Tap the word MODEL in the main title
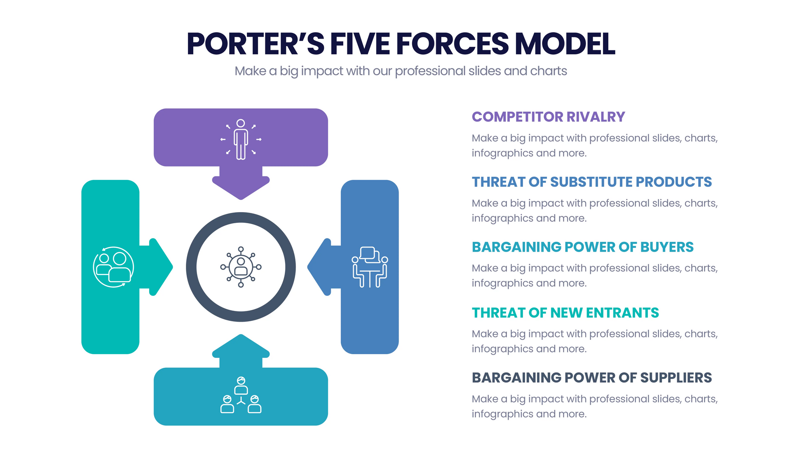point(565,44)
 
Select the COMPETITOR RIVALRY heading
point(548,117)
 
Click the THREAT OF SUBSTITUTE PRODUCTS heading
point(591,182)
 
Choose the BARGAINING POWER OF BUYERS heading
point(582,247)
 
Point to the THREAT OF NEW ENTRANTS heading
point(565,313)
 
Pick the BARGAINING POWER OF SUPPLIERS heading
point(591,378)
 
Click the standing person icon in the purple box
point(241,139)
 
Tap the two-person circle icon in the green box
point(113,267)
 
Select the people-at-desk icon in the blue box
point(370,267)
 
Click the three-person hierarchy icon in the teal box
point(241,395)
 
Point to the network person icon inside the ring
point(241,267)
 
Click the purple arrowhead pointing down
point(241,187)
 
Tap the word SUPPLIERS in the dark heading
point(676,378)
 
